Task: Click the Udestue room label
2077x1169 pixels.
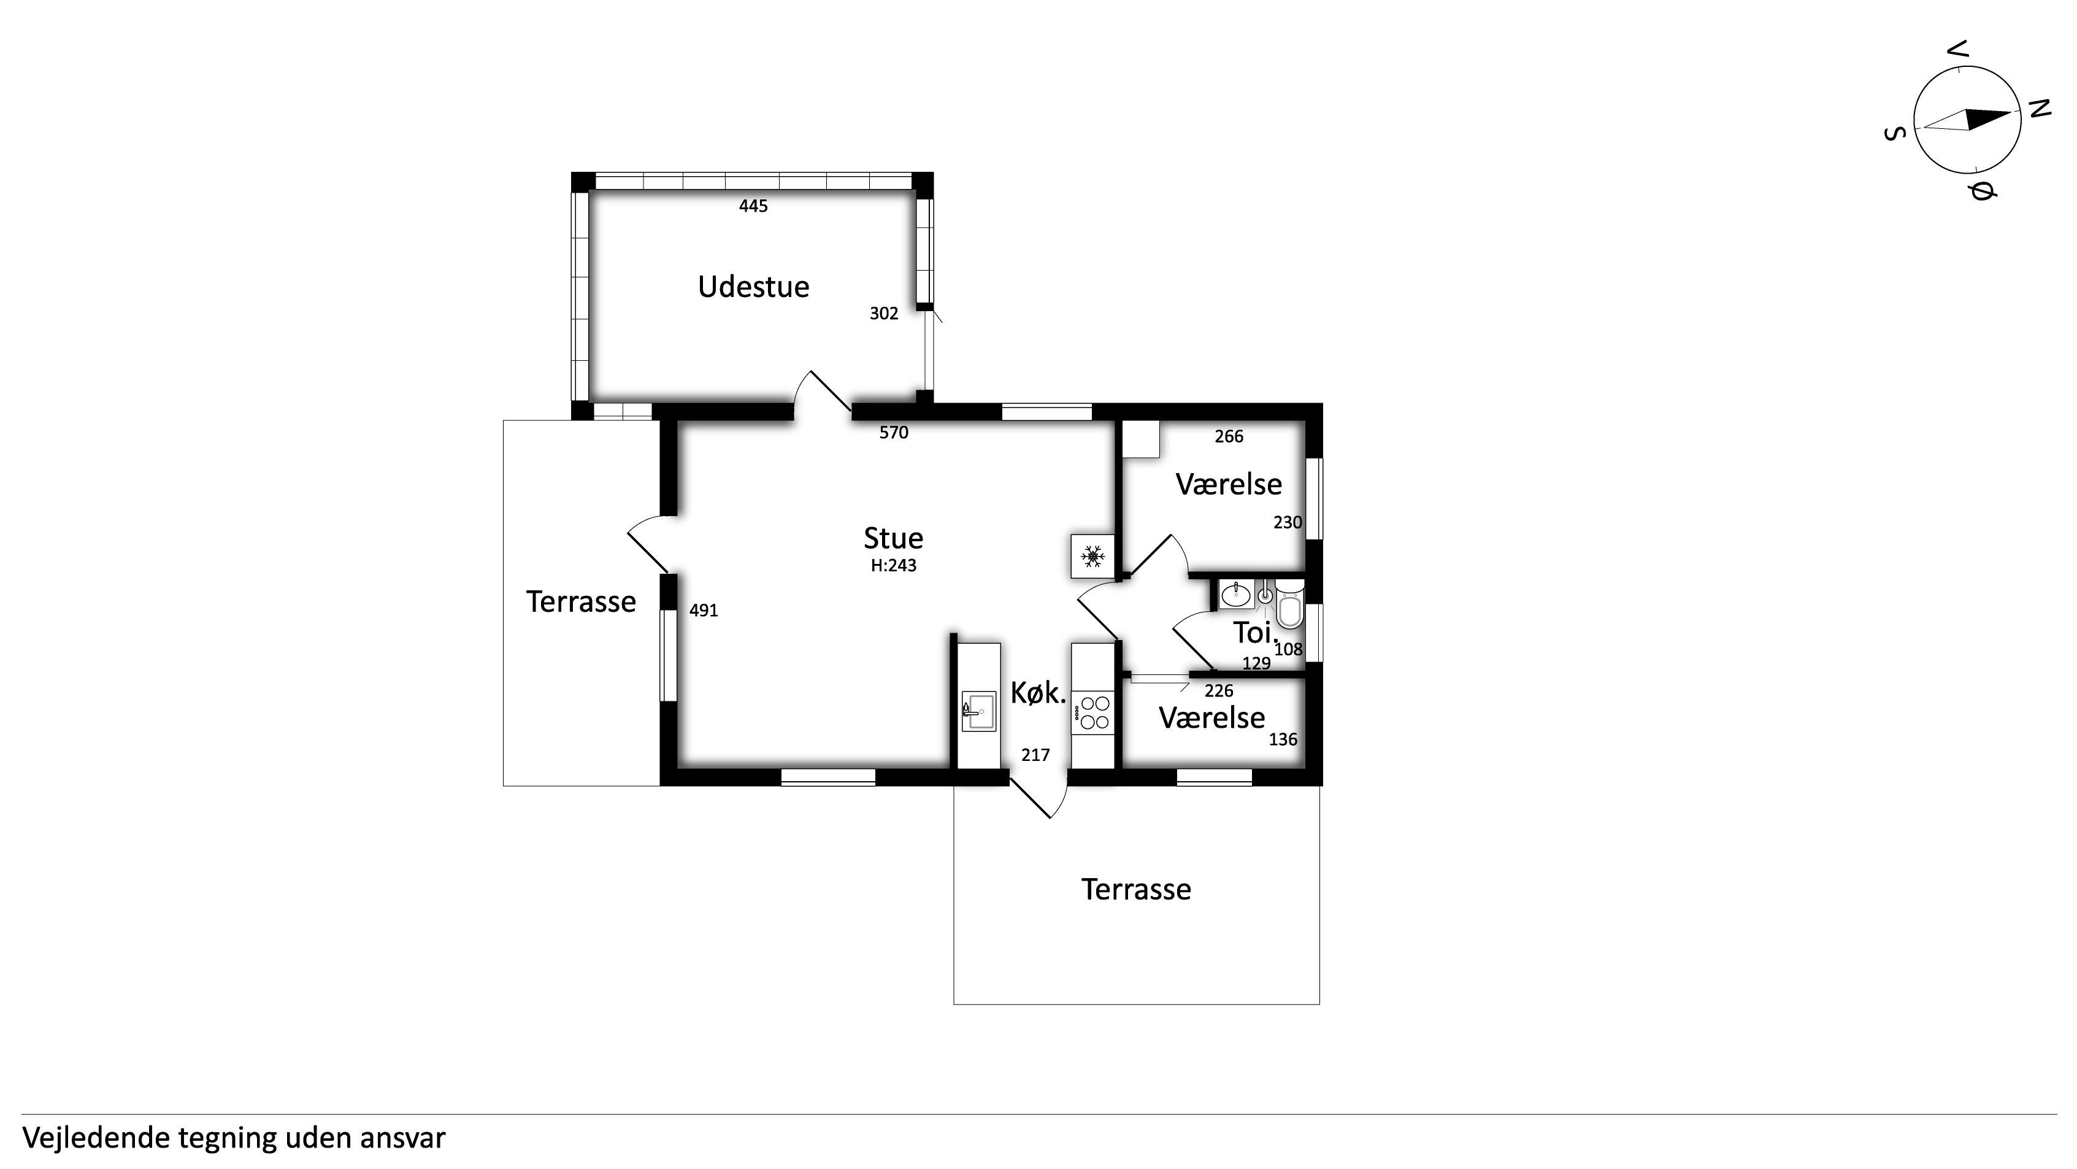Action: (753, 287)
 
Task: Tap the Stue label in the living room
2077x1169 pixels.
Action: (893, 538)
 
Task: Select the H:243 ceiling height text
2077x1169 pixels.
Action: (893, 566)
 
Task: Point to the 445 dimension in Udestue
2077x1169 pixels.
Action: (753, 206)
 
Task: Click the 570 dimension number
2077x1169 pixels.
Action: (893, 433)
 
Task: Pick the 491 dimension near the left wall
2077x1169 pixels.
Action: (703, 611)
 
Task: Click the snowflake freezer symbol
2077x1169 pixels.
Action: (1092, 556)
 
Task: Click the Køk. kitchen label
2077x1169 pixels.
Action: (1038, 693)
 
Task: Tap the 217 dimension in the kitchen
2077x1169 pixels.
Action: (1035, 755)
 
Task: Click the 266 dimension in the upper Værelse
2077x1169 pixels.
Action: (1229, 436)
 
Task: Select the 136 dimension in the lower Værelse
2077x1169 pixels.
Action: (1283, 739)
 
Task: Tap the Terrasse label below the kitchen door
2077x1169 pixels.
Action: (1136, 889)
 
